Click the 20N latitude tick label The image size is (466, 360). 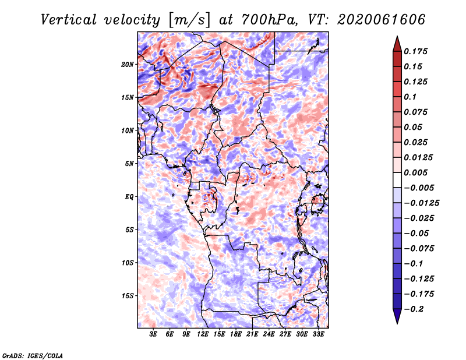128,65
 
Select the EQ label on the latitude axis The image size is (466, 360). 129,197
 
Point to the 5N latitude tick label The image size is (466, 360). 129,164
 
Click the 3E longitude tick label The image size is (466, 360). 153,334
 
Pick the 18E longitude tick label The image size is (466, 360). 236,334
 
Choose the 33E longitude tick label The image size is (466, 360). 318,334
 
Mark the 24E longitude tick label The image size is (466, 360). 269,334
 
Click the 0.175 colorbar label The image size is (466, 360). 415,51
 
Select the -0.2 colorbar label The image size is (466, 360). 414,309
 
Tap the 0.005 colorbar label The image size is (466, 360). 415,172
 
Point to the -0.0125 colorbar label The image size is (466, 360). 421,203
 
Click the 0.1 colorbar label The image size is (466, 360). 410,97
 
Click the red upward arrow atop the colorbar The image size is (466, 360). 397,44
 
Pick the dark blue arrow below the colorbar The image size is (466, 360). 397,316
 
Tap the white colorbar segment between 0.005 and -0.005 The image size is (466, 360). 397,180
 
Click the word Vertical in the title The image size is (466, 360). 69,20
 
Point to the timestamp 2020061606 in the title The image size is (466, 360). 382,20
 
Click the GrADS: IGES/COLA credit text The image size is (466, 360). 33,356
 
